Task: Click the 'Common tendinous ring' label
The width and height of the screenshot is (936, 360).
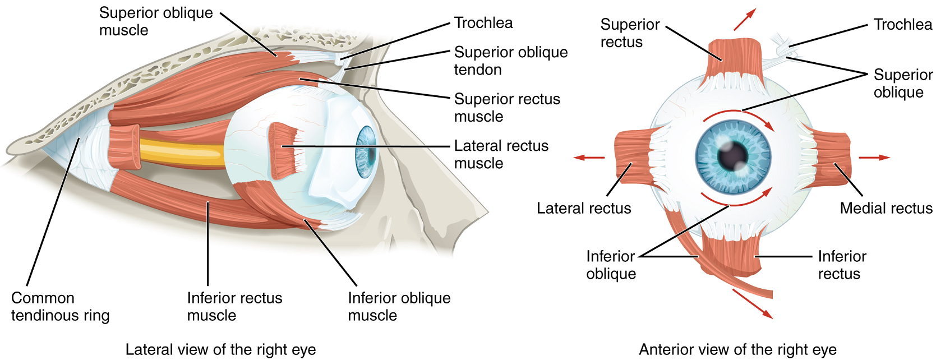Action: point(60,306)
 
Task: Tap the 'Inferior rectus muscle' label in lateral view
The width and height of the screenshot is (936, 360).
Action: point(234,306)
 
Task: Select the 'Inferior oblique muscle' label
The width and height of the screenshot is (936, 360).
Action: point(399,306)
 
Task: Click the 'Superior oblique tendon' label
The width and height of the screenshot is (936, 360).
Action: point(510,61)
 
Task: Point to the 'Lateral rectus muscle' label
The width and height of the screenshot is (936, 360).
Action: point(501,154)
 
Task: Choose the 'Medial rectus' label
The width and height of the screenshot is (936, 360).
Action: point(886,209)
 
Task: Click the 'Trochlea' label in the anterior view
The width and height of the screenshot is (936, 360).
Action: point(902,25)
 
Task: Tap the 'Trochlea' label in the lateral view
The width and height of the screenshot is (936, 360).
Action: point(483,23)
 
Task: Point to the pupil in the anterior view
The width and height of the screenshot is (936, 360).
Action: point(732,155)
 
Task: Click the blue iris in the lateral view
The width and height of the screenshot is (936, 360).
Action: point(366,152)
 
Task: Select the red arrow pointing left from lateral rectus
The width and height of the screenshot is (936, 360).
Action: point(588,158)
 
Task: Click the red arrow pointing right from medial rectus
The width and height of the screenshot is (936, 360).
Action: point(874,158)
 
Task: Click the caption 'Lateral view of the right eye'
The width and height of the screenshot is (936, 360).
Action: point(220,350)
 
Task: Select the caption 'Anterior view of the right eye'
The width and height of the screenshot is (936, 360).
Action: point(737,350)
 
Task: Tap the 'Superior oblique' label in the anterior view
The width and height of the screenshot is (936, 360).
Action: point(902,83)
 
